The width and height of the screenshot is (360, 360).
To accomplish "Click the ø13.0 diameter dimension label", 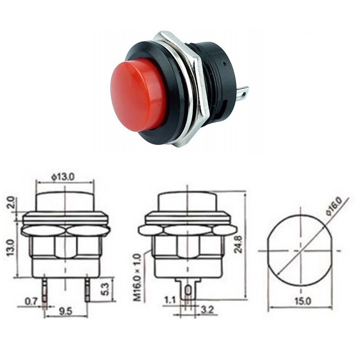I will point(63,177).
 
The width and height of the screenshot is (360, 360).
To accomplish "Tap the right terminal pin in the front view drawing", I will point(86,290).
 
